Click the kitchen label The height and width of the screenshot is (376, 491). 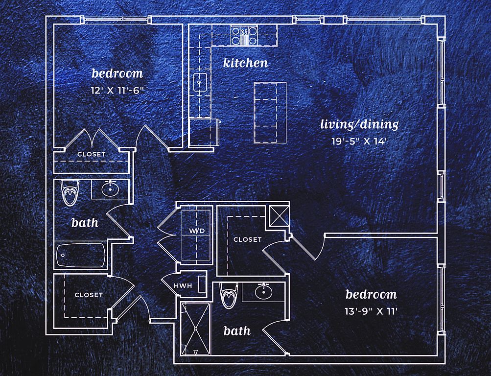point(245,63)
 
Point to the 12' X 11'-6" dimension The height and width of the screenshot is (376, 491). point(117,91)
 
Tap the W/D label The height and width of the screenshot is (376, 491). point(197,230)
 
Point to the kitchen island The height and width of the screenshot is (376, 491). point(270,112)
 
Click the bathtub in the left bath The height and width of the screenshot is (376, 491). point(81,255)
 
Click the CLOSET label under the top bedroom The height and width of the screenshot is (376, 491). point(91,154)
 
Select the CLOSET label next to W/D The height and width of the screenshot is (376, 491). point(247,239)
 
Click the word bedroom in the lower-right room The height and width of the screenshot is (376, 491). point(371,294)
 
